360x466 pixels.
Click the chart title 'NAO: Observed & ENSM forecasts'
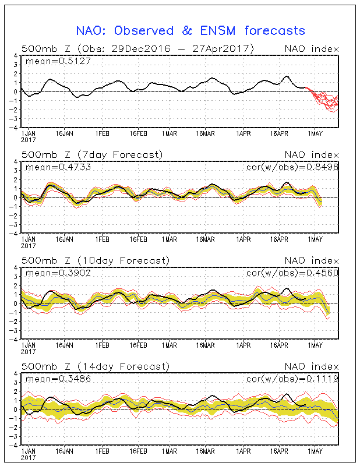(x=191, y=30)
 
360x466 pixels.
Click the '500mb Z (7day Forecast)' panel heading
(x=92, y=154)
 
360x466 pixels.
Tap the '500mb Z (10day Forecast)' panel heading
(x=95, y=260)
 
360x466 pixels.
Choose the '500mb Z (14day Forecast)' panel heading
(x=95, y=366)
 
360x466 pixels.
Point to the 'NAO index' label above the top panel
(x=311, y=48)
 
